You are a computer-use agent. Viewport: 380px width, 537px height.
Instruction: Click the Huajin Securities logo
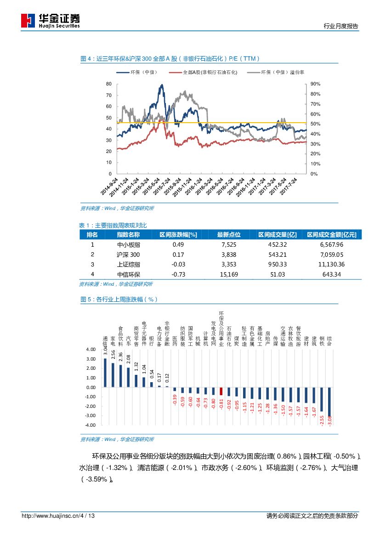coord(50,20)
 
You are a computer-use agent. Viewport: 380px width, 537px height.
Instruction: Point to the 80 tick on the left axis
coord(109,84)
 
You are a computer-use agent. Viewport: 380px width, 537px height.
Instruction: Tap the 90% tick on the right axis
coord(315,84)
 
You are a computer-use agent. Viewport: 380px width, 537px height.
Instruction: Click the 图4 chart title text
coord(170,59)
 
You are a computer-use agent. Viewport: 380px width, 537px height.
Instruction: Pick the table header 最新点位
coord(228,235)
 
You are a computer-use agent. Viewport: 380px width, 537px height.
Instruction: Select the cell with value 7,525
coord(228,244)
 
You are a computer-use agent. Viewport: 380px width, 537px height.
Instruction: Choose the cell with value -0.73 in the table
coord(178,274)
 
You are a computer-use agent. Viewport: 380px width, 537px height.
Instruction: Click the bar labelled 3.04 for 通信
coord(105,373)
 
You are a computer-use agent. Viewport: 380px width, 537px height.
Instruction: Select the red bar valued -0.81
coord(221,391)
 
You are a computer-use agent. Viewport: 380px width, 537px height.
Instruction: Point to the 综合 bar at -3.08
coord(329,401)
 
